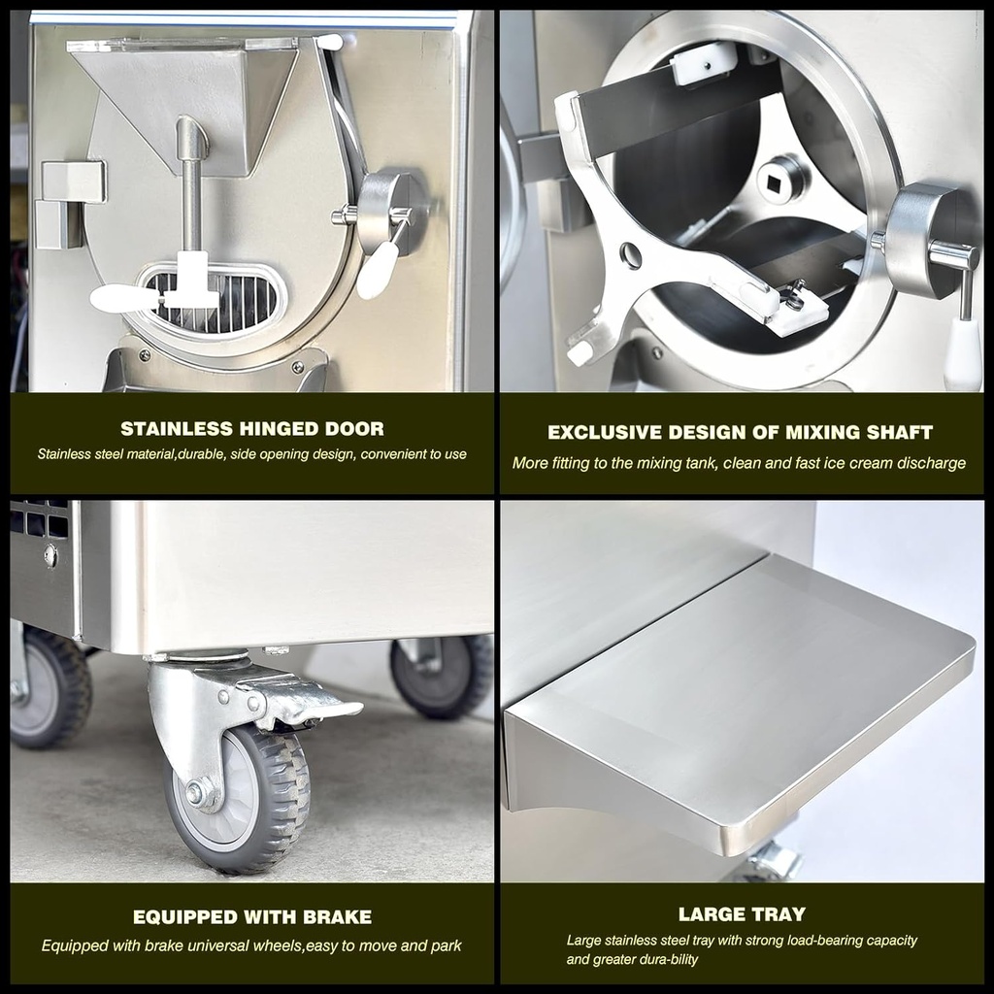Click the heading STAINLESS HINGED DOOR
click(252, 428)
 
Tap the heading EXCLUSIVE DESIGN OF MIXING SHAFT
click(741, 432)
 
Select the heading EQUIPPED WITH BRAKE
click(252, 916)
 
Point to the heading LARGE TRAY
click(742, 914)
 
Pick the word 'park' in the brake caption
click(447, 946)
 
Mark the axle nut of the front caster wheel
click(196, 792)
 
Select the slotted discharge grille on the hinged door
click(215, 299)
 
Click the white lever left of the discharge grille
click(124, 297)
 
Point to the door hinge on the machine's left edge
click(69, 204)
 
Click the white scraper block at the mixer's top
click(705, 63)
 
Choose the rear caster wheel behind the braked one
click(443, 675)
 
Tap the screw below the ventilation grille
click(50, 556)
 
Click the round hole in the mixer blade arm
click(630, 255)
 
